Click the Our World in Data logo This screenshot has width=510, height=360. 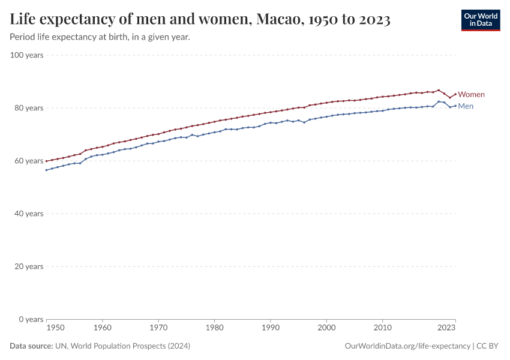(x=480, y=20)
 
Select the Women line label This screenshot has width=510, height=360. (x=471, y=95)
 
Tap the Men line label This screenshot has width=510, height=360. (x=466, y=106)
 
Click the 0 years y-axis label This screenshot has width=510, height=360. (x=32, y=319)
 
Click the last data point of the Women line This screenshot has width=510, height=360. (x=455, y=94)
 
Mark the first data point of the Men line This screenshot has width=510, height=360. (x=46, y=170)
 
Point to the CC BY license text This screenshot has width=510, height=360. (x=488, y=346)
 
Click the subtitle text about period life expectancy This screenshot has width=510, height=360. (x=100, y=37)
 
